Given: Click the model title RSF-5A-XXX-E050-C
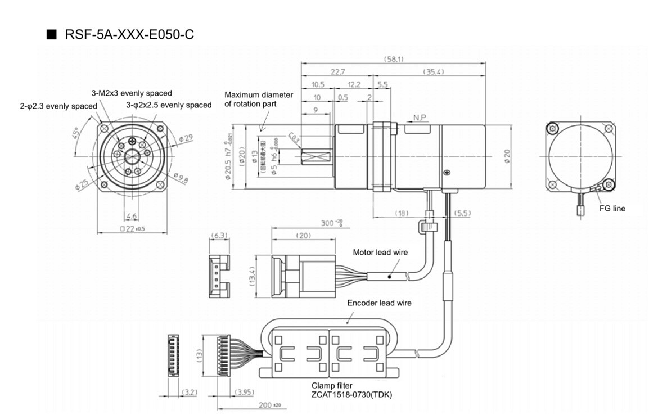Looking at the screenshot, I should click(129, 35).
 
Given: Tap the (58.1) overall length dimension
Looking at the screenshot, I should click(394, 58).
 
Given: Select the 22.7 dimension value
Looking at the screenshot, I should click(338, 72).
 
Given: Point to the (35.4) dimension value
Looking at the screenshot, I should click(433, 72).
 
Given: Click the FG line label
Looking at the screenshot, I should click(612, 208).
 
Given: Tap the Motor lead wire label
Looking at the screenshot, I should click(380, 253).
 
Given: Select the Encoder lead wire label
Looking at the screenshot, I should click(379, 303).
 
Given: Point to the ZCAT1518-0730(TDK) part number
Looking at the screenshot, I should click(351, 395).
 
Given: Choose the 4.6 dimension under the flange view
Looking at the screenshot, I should click(132, 215).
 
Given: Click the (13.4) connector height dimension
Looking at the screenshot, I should click(253, 277).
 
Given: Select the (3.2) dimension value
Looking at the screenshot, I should click(190, 392).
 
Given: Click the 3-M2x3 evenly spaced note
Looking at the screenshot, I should click(132, 93).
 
